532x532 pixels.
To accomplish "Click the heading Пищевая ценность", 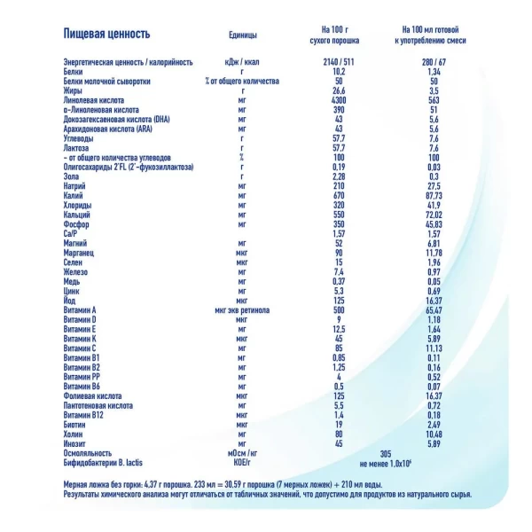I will pyautogui.click(x=107, y=35).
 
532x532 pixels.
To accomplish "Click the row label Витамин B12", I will pyautogui.click(x=87, y=414).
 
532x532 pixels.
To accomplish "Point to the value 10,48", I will pyautogui.click(x=432, y=433).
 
